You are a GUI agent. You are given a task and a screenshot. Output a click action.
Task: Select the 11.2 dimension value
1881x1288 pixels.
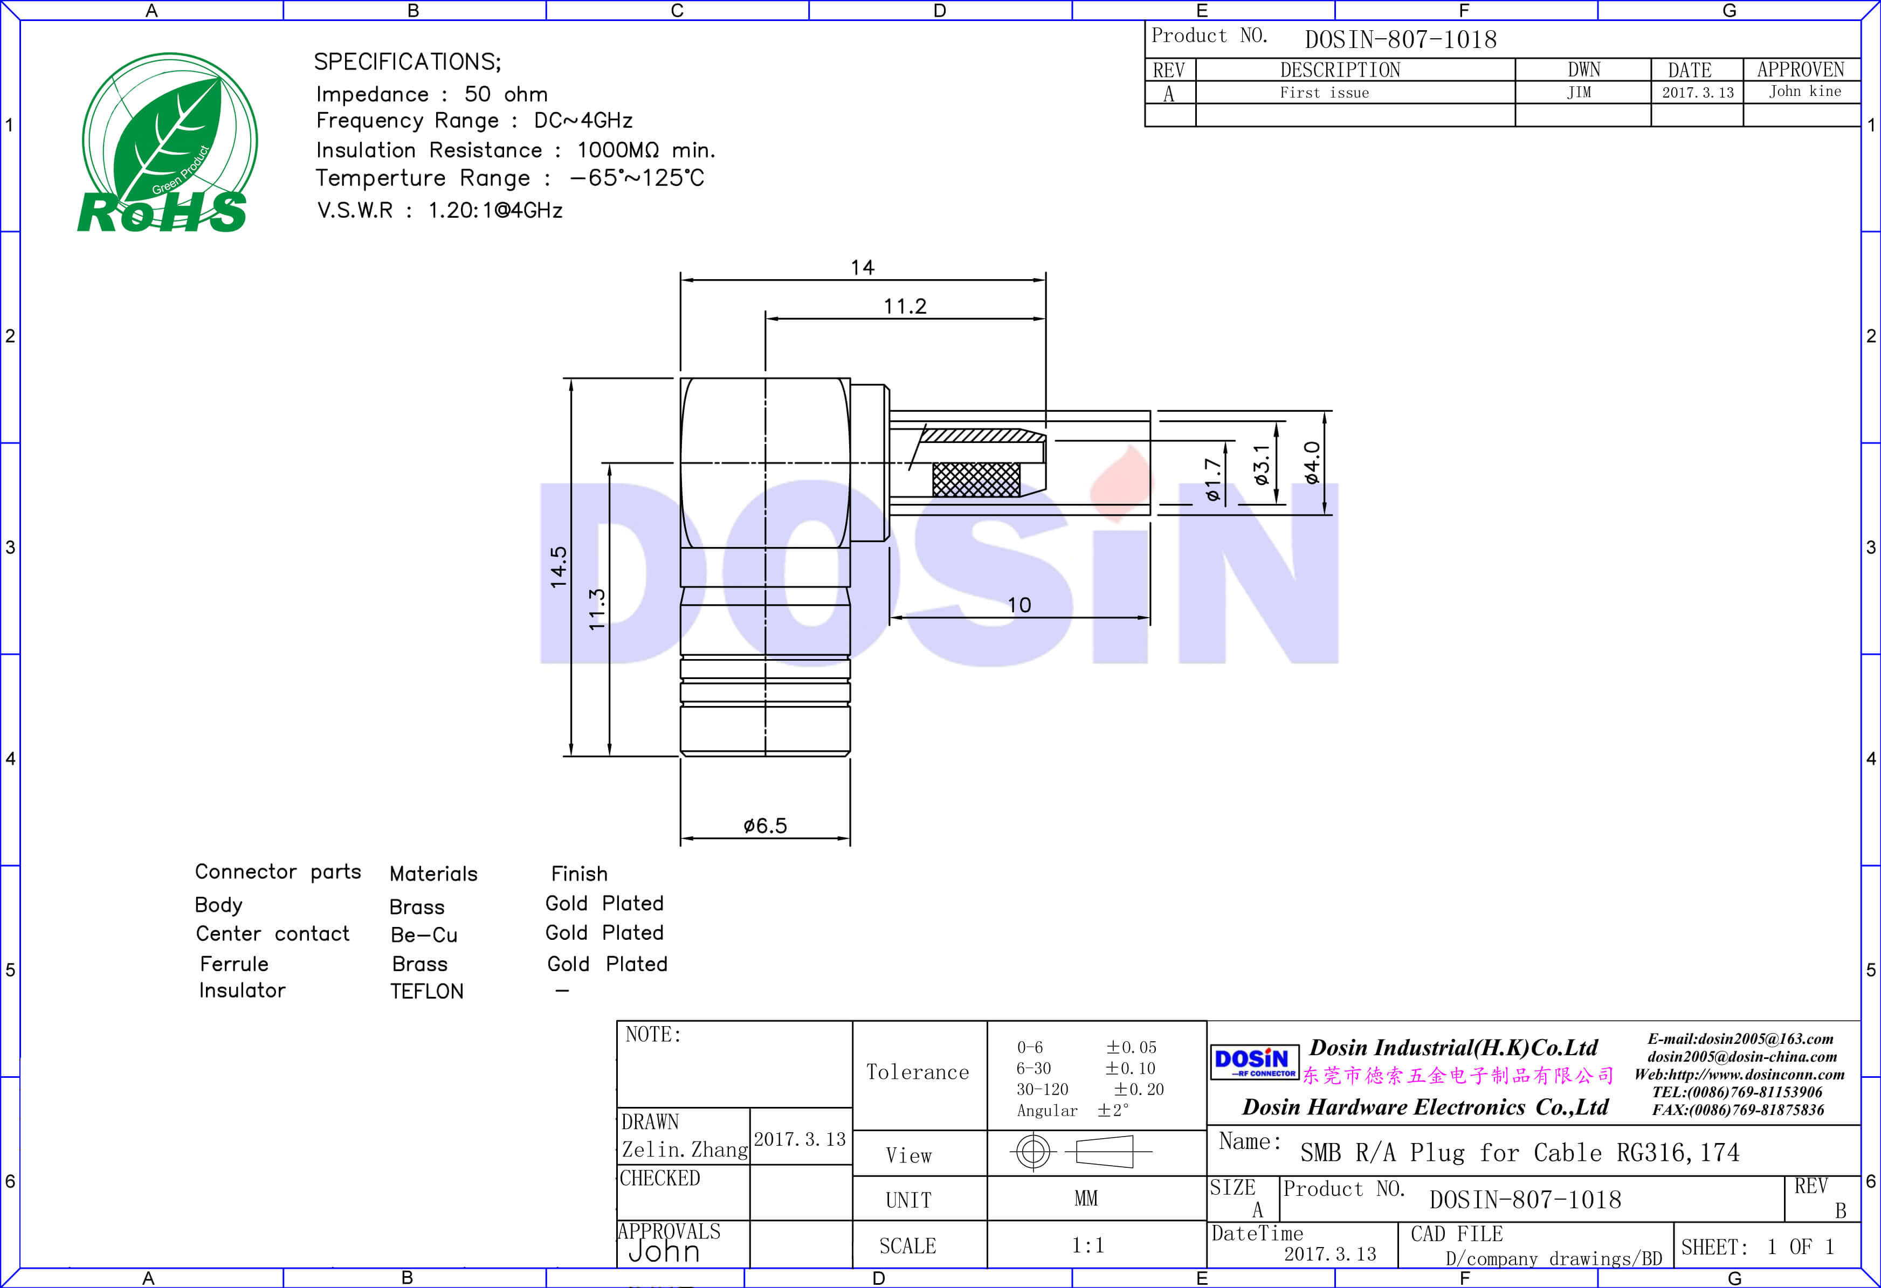click(x=904, y=306)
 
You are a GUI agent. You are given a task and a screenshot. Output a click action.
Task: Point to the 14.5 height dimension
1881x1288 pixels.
click(x=559, y=566)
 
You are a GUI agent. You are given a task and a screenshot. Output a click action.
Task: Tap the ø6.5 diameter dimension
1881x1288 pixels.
click(x=765, y=825)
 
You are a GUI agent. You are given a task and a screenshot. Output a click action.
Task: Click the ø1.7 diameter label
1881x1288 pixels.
click(x=1211, y=479)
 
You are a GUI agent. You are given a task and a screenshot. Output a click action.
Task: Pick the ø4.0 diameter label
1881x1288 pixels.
click(x=1312, y=463)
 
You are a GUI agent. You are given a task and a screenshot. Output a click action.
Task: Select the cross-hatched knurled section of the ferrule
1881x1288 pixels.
click(x=976, y=479)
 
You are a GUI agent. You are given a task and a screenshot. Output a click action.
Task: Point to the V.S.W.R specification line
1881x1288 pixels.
click(x=439, y=210)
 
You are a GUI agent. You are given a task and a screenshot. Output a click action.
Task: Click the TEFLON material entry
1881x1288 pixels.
click(x=426, y=991)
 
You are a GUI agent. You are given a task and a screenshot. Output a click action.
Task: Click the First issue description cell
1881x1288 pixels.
click(x=1324, y=92)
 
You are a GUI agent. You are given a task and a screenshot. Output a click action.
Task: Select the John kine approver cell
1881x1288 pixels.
click(x=1804, y=92)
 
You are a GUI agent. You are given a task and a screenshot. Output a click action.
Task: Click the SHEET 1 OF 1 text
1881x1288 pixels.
click(x=1757, y=1247)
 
